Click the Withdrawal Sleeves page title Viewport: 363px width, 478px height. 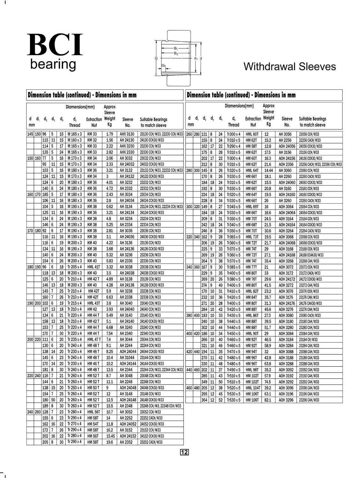pos(290,66)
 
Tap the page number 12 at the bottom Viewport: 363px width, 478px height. pos(185,452)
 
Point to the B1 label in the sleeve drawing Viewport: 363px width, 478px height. pos(176,48)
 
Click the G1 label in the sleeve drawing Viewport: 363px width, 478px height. pos(163,65)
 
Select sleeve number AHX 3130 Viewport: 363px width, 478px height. pos(127,134)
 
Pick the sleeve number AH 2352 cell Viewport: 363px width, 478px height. pos(127,442)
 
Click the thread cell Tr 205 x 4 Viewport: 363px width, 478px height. pos(75,267)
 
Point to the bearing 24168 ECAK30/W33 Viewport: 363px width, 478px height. pos(311,255)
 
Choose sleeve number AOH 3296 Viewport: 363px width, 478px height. pos(286,400)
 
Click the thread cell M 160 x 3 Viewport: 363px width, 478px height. pos(75,140)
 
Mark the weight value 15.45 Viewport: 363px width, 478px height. pos(110,436)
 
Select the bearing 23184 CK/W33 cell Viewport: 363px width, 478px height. pos(308,340)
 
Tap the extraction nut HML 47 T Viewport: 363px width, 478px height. pos(94,340)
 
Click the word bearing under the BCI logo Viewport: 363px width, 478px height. pos(53,64)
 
